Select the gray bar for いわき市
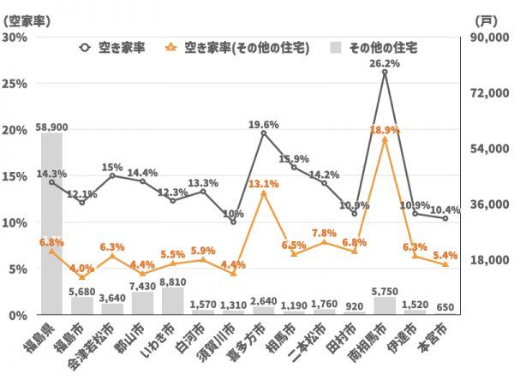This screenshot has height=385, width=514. click(172, 300)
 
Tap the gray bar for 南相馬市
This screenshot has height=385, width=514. click(385, 305)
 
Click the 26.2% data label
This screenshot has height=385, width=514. click(385, 63)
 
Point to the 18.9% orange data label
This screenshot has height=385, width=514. click(385, 130)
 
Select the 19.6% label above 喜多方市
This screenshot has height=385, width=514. click(264, 124)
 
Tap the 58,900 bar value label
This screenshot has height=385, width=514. click(51, 127)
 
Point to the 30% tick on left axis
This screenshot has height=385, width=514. click(15, 38)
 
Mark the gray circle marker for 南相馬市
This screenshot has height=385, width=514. click(385, 73)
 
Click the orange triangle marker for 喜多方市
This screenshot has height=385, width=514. click(264, 193)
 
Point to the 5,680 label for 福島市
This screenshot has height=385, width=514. click(82, 291)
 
